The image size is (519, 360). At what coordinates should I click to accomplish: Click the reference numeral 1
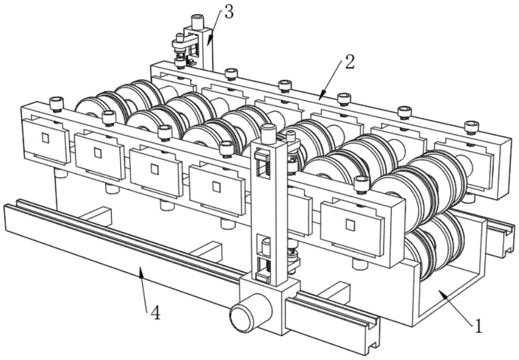point(478,326)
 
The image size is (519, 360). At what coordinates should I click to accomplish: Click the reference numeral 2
point(350,62)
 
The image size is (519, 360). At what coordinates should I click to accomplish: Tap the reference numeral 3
point(229,12)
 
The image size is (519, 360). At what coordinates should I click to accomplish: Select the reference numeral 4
point(156,312)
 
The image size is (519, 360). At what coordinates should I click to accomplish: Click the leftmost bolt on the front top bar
point(56,103)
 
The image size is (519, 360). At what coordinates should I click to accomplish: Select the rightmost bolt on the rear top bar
point(471,127)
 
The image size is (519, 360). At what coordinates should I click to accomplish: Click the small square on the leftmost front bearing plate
point(45,138)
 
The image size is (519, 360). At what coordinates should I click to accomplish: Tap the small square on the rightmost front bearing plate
point(350,225)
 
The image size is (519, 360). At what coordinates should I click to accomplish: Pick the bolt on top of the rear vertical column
point(198,21)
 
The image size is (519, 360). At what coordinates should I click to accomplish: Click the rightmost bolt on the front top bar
point(361,184)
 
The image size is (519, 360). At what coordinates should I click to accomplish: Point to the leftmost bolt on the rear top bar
point(180,62)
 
